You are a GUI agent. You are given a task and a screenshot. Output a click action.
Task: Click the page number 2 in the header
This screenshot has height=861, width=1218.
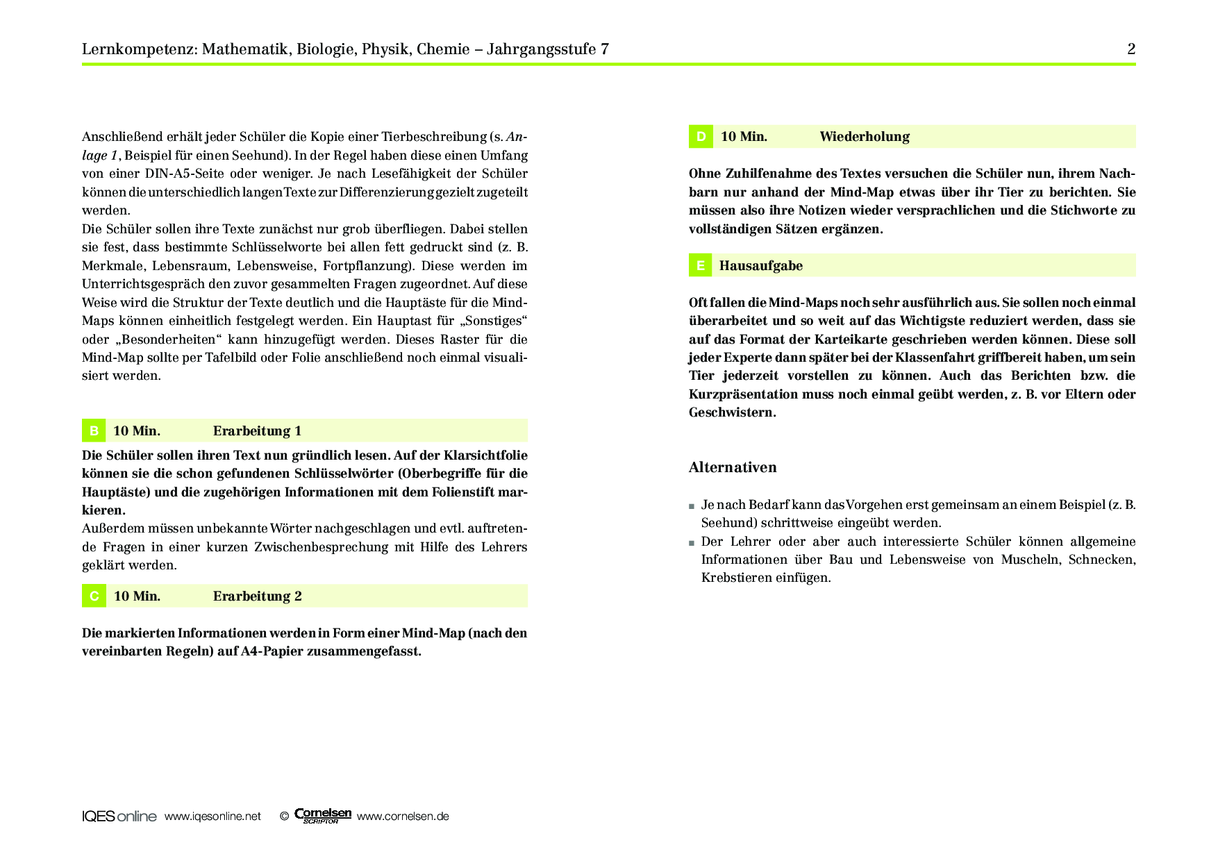1131,49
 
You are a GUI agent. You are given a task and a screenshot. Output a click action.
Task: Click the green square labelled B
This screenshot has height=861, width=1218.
94,430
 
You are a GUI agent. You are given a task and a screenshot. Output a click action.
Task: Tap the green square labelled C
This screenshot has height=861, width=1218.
94,596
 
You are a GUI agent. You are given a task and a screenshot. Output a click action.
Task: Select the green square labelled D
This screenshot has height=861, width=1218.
701,137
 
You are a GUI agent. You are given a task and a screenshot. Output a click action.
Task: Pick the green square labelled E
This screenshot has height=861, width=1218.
700,265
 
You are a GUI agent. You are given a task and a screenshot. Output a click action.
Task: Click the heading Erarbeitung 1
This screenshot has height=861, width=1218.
257,430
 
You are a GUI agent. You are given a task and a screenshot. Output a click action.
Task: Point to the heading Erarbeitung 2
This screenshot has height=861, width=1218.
257,596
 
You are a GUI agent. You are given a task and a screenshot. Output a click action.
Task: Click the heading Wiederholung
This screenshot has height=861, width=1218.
864,137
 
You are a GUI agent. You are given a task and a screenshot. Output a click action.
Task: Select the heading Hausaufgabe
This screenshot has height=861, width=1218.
760,265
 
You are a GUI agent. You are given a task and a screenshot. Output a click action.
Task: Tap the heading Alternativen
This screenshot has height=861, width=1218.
733,467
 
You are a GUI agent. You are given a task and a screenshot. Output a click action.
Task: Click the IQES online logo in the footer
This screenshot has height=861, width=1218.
119,817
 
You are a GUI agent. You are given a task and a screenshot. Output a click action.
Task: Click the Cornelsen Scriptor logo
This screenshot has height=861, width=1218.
323,816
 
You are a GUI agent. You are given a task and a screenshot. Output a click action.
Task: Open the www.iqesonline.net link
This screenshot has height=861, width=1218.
212,817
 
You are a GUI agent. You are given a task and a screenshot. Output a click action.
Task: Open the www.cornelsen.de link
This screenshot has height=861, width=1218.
403,817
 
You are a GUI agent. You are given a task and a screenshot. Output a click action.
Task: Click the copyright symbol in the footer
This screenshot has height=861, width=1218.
284,817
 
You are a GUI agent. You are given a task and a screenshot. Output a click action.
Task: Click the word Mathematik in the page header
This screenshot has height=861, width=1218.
247,49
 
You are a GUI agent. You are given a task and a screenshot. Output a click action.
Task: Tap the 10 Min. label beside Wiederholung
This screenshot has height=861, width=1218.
744,137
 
